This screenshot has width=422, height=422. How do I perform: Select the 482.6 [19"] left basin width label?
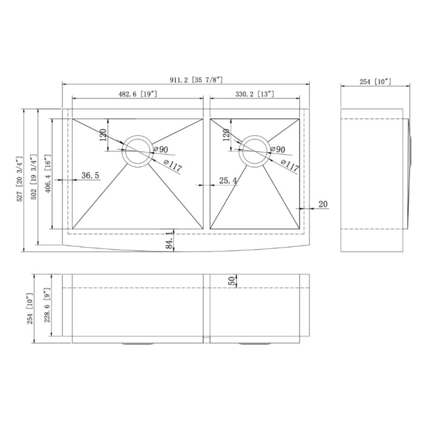pos(136,94)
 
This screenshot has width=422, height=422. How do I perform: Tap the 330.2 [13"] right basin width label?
pos(254,94)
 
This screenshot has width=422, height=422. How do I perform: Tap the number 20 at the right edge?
pos(323,205)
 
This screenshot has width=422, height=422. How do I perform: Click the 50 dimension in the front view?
pos(232,281)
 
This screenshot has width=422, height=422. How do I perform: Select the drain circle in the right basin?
pos(254,151)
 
